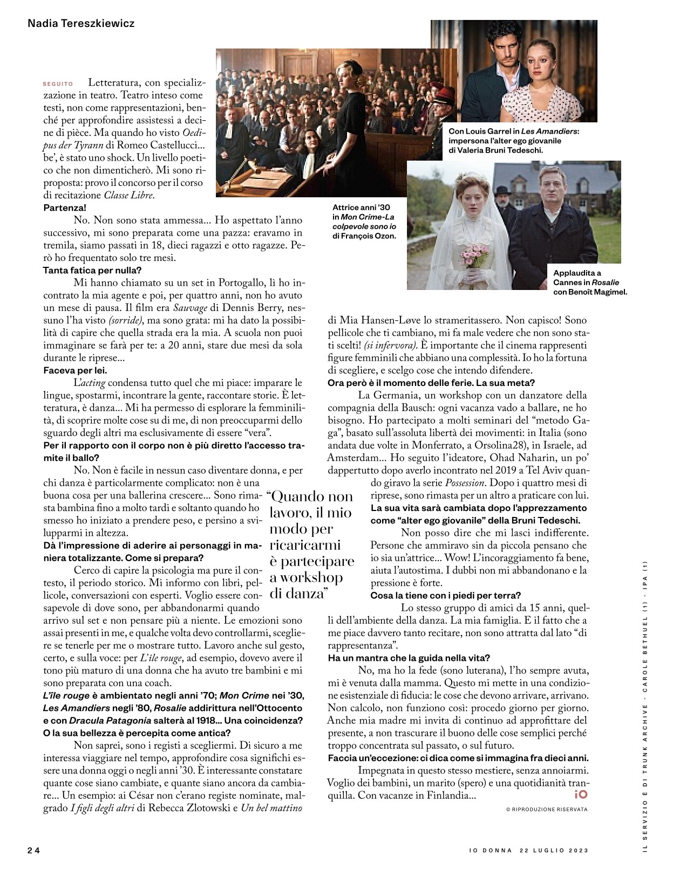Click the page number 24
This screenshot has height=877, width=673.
pos(34,850)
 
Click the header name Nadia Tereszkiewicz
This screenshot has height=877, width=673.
pos(81,24)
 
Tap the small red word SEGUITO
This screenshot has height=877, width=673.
pos(58,84)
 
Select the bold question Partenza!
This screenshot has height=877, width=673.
pos(64,208)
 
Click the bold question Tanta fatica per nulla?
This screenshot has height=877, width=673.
pos(92,270)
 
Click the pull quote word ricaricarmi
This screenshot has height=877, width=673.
pos(305,545)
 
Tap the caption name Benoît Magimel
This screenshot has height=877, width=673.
pos(597,292)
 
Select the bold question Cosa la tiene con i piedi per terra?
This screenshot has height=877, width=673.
pos(445,595)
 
